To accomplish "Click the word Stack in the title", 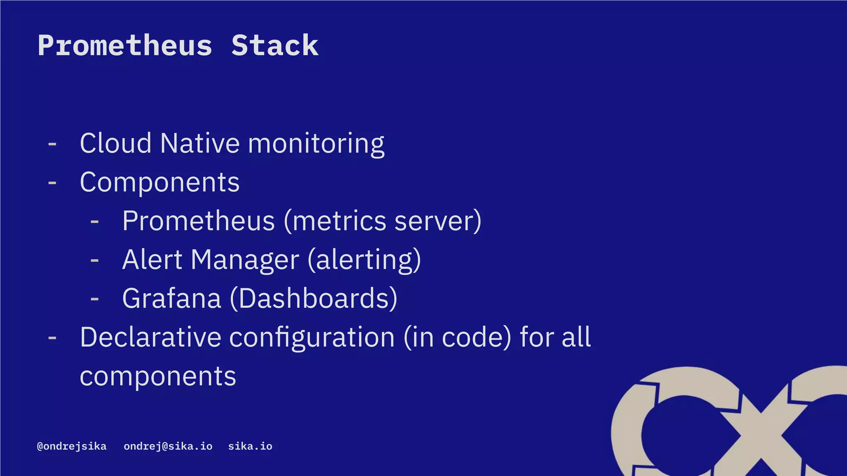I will point(275,45).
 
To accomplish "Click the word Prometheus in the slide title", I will point(125,45).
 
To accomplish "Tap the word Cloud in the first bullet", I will point(115,143).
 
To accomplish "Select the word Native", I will point(200,143).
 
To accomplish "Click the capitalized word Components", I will point(160,182).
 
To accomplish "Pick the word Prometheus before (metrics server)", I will point(199,221).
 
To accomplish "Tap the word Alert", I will point(152,259).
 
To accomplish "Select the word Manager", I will point(245,260).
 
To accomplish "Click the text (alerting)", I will point(364,260).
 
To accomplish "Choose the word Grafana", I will point(172,298).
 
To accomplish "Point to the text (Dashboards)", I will point(313,298).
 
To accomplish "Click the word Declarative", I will point(151,337).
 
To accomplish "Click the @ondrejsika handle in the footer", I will point(72,446).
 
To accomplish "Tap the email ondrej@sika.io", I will point(168,446).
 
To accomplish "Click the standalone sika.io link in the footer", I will point(250,446).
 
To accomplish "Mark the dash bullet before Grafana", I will point(95,299).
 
